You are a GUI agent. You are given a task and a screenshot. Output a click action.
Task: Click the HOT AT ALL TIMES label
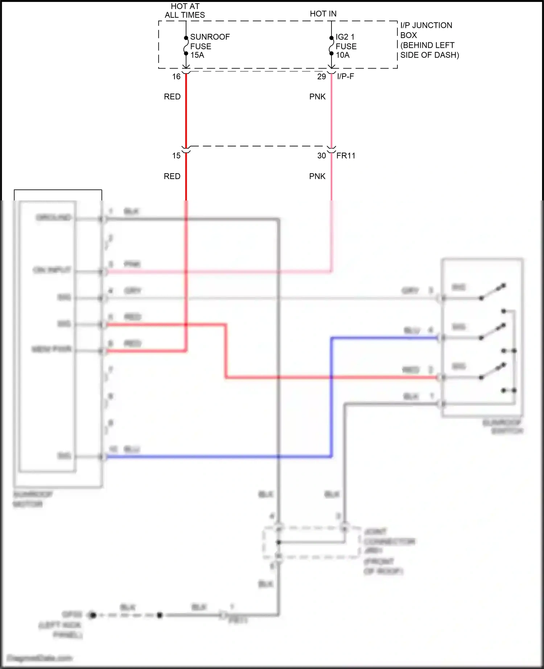tap(185, 11)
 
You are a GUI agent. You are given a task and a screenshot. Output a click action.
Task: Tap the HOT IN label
tap(323, 14)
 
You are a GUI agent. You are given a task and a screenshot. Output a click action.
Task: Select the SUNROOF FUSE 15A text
tap(209, 46)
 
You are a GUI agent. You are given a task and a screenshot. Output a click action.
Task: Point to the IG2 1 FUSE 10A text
tap(346, 46)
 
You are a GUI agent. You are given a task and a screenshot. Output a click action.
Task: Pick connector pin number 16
tap(176, 77)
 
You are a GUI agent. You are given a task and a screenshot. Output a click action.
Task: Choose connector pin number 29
tap(321, 77)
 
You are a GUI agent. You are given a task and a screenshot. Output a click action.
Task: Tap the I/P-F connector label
tap(345, 76)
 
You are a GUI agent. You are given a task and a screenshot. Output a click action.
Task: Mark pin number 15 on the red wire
tap(176, 156)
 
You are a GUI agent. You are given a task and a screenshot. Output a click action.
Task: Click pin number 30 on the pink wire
tap(321, 156)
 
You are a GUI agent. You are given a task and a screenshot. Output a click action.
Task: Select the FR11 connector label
tap(346, 156)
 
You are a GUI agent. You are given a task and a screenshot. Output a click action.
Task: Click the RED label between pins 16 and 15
tap(172, 97)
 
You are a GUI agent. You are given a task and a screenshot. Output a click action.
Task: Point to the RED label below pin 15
tap(172, 176)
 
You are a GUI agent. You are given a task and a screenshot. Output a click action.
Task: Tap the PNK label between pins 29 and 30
tap(317, 97)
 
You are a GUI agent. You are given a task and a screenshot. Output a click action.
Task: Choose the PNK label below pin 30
tap(317, 176)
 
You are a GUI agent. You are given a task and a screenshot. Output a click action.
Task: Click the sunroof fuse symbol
tap(186, 46)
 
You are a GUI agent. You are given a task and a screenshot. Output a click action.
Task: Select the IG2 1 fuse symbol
tap(331, 46)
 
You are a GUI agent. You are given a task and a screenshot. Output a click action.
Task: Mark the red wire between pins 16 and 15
tap(186, 116)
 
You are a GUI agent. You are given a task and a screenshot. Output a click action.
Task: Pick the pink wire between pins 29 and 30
tap(331, 116)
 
